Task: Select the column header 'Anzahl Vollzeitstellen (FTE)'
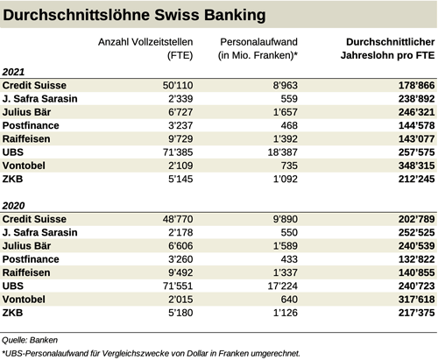click(146, 49)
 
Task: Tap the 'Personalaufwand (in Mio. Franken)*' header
click(261, 49)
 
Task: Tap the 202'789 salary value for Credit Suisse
click(411, 219)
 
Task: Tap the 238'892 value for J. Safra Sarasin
click(411, 99)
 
